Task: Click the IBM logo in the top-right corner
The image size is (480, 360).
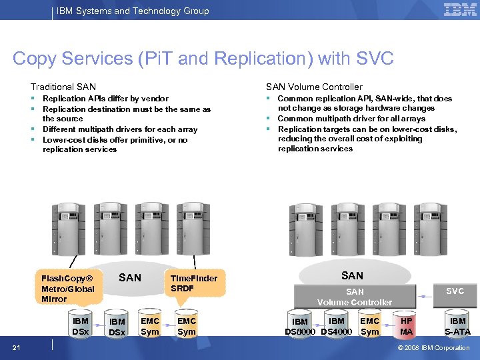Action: (x=459, y=10)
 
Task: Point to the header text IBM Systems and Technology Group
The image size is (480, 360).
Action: (x=133, y=11)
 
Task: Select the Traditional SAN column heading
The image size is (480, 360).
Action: (x=63, y=87)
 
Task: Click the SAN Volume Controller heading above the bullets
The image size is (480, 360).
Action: (x=314, y=87)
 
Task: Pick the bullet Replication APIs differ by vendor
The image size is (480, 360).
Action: (x=105, y=99)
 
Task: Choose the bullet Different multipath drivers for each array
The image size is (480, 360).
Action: (x=120, y=129)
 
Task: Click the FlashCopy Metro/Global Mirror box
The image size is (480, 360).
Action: (x=68, y=288)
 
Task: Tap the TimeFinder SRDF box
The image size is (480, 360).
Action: (x=194, y=283)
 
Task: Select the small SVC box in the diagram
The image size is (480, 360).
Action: (x=455, y=292)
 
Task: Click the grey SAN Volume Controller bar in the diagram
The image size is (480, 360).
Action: (x=355, y=297)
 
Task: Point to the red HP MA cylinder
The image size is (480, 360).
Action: (x=406, y=326)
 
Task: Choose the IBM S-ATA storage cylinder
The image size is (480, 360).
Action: (x=457, y=326)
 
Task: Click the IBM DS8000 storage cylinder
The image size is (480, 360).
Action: (x=300, y=327)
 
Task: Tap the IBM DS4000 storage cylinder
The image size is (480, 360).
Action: (x=337, y=326)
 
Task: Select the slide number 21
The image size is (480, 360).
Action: (x=16, y=347)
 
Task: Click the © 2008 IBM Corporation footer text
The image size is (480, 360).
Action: (x=433, y=347)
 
